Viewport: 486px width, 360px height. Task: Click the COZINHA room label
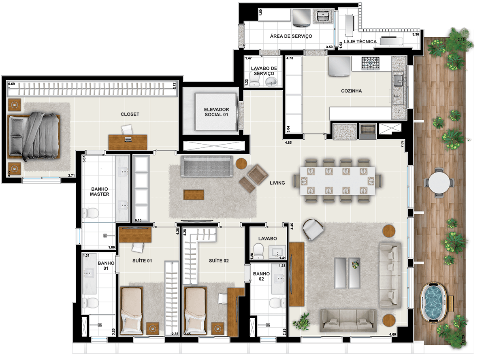[351, 91]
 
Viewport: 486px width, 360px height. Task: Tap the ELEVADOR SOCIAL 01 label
[216, 112]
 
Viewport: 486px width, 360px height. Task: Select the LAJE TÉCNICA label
[360, 42]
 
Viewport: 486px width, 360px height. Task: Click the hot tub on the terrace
[432, 302]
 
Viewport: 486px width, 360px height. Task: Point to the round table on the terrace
[439, 182]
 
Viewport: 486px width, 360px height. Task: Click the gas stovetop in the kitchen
[370, 63]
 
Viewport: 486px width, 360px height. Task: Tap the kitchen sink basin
[398, 81]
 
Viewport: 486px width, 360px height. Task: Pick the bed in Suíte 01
[132, 311]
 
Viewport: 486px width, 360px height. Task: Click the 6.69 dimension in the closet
[11, 84]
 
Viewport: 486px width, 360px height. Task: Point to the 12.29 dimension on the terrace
[463, 340]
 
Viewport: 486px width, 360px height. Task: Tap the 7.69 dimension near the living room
[402, 144]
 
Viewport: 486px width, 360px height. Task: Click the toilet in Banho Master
[90, 213]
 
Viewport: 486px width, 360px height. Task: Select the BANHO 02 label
[261, 276]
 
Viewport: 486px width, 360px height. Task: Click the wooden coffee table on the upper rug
[194, 195]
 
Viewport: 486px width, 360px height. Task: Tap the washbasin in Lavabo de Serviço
[271, 82]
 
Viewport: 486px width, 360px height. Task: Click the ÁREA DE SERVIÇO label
[291, 36]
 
